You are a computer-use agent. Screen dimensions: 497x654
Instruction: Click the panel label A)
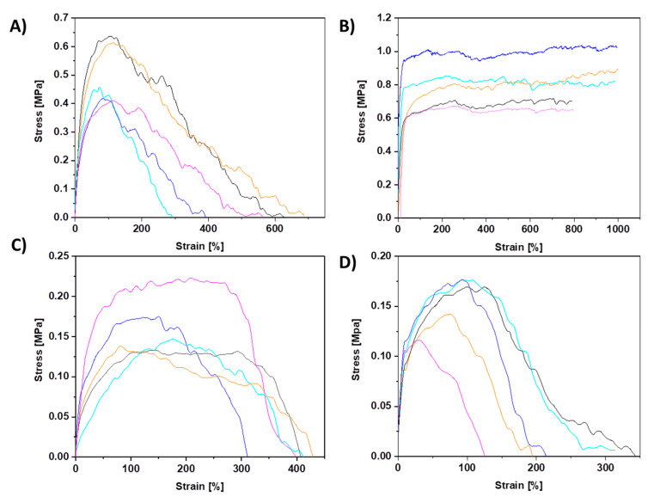16,27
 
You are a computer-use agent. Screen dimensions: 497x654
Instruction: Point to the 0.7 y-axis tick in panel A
59,17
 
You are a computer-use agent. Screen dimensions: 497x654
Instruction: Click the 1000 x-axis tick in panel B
618,228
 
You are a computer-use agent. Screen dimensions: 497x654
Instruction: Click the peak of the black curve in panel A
110,36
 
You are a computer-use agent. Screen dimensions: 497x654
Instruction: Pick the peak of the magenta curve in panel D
419,340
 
